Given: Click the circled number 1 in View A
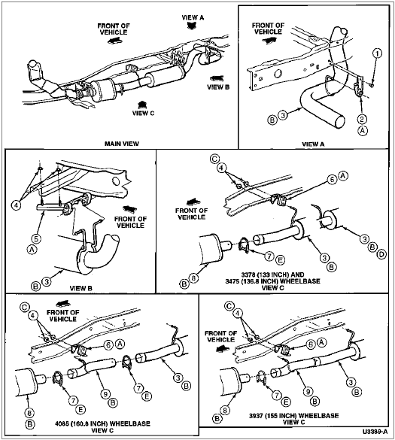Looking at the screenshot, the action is [x=377, y=53].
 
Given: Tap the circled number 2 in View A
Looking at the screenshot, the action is [x=362, y=120].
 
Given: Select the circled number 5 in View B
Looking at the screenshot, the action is [x=36, y=238].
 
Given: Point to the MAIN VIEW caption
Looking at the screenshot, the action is [x=122, y=144].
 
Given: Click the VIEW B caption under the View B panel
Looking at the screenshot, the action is [x=81, y=288].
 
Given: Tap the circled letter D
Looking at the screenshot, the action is [x=381, y=254].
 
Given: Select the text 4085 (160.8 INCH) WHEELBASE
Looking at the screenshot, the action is [x=102, y=423].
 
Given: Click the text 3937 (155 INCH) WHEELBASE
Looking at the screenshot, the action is [x=293, y=416].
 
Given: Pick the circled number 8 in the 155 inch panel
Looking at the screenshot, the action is [x=225, y=411].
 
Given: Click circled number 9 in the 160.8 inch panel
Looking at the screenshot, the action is [x=105, y=394].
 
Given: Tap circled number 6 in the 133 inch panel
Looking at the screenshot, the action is [x=332, y=179].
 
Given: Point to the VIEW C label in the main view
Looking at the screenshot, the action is [x=143, y=113].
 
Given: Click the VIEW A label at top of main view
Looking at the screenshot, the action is [x=193, y=17].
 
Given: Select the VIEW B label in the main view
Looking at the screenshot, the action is [x=218, y=87].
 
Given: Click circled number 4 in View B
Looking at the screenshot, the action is [x=16, y=205].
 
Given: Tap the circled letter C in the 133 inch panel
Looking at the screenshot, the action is [x=214, y=159].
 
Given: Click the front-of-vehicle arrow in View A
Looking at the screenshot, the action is [x=269, y=41].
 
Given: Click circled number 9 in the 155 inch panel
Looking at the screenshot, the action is [x=308, y=391].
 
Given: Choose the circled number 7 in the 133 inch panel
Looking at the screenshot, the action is [x=269, y=256].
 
